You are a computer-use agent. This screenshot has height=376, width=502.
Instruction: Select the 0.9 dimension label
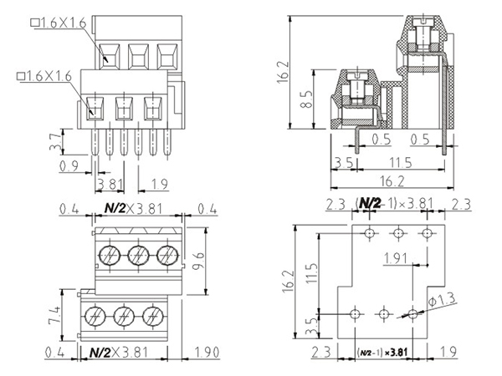(70, 166)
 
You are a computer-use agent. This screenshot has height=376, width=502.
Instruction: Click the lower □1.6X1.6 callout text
(46, 76)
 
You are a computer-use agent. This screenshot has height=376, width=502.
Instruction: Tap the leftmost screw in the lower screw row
(95, 315)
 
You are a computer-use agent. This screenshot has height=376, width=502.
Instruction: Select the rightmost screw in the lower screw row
(152, 315)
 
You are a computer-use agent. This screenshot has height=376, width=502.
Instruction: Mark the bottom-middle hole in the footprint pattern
(384, 313)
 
